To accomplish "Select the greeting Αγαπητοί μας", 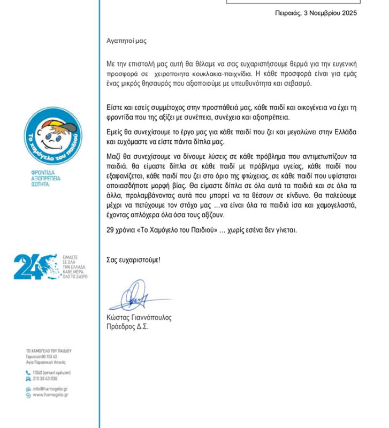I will click(126, 40).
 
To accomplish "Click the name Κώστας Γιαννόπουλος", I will click(139, 317).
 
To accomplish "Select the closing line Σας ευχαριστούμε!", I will click(133, 260).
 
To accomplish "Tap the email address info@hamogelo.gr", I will click(49, 389).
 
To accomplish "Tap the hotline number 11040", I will click(38, 372).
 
